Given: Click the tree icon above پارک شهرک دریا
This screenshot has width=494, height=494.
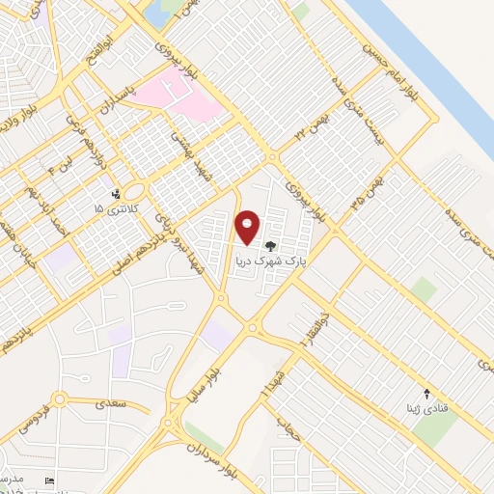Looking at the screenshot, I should [x=270, y=245].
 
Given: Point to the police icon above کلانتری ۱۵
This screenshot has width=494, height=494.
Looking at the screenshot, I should [x=116, y=194].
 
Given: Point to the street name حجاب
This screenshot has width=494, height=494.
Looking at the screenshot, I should [x=283, y=425].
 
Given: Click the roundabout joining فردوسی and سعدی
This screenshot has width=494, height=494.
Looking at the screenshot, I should [x=59, y=399].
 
